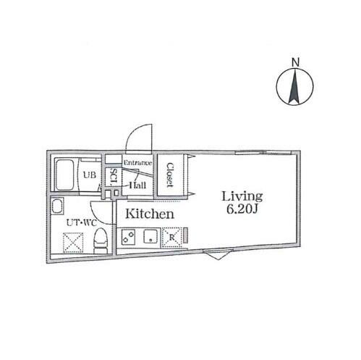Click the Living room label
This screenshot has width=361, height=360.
tap(242, 196)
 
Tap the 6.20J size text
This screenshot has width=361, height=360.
tap(242, 209)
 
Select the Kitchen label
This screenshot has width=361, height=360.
tap(150, 214)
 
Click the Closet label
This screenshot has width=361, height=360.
tap(170, 175)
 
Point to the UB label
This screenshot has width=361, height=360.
tap(90, 175)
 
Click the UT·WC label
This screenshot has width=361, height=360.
tap(82, 222)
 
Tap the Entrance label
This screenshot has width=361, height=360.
tap(137, 163)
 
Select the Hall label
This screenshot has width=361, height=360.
tap(137, 185)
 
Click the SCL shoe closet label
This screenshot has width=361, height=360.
tap(114, 177)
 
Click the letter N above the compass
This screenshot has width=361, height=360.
tap(295, 62)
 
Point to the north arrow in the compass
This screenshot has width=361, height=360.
tap(294, 87)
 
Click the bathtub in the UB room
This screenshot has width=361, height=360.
tap(64, 175)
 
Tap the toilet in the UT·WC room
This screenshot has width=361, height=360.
tap(101, 240)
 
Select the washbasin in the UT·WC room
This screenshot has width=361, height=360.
tap(57, 206)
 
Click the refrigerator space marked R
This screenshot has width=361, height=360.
tap(172, 238)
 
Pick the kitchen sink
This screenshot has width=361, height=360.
tap(150, 236)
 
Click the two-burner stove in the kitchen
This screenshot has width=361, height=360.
tap(128, 236)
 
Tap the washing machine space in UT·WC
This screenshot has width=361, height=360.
tap(73, 243)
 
